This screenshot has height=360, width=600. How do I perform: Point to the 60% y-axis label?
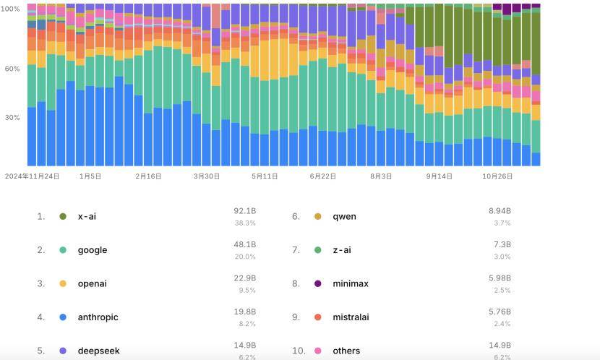click(x=12, y=69)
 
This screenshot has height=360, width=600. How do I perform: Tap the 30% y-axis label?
click(x=12, y=117)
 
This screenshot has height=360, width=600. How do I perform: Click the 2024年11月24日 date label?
click(x=32, y=176)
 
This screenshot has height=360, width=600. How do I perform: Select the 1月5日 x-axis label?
click(x=90, y=176)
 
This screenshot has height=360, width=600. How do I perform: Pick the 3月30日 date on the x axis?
click(x=207, y=176)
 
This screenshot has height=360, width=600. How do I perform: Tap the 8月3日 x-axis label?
click(x=381, y=176)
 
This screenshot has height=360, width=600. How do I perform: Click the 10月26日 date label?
click(x=497, y=176)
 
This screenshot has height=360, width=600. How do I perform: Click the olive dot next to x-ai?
click(x=63, y=216)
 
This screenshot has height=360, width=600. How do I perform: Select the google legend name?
click(x=93, y=250)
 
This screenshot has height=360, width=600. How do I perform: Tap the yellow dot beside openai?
click(x=63, y=283)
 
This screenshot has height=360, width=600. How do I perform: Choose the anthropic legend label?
click(x=98, y=317)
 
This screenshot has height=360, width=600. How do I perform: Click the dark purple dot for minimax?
click(x=318, y=283)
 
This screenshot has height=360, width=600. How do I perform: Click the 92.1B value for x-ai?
click(x=244, y=211)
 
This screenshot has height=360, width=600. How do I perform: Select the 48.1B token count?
click(x=244, y=245)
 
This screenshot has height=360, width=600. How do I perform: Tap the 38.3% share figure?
click(x=244, y=223)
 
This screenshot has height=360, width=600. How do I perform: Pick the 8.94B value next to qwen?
click(x=500, y=211)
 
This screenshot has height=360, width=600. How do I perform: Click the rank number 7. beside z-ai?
click(x=296, y=250)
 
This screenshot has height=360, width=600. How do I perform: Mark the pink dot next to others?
click(x=318, y=351)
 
